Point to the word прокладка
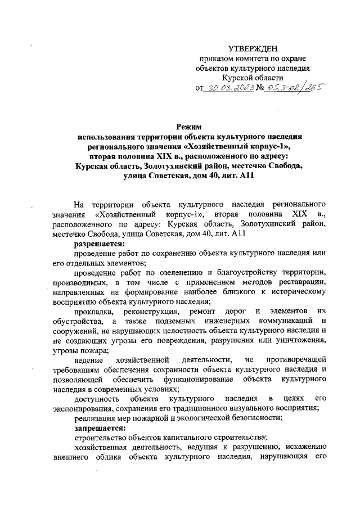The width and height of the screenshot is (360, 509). (95, 311)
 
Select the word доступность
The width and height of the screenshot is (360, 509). (98, 398)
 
